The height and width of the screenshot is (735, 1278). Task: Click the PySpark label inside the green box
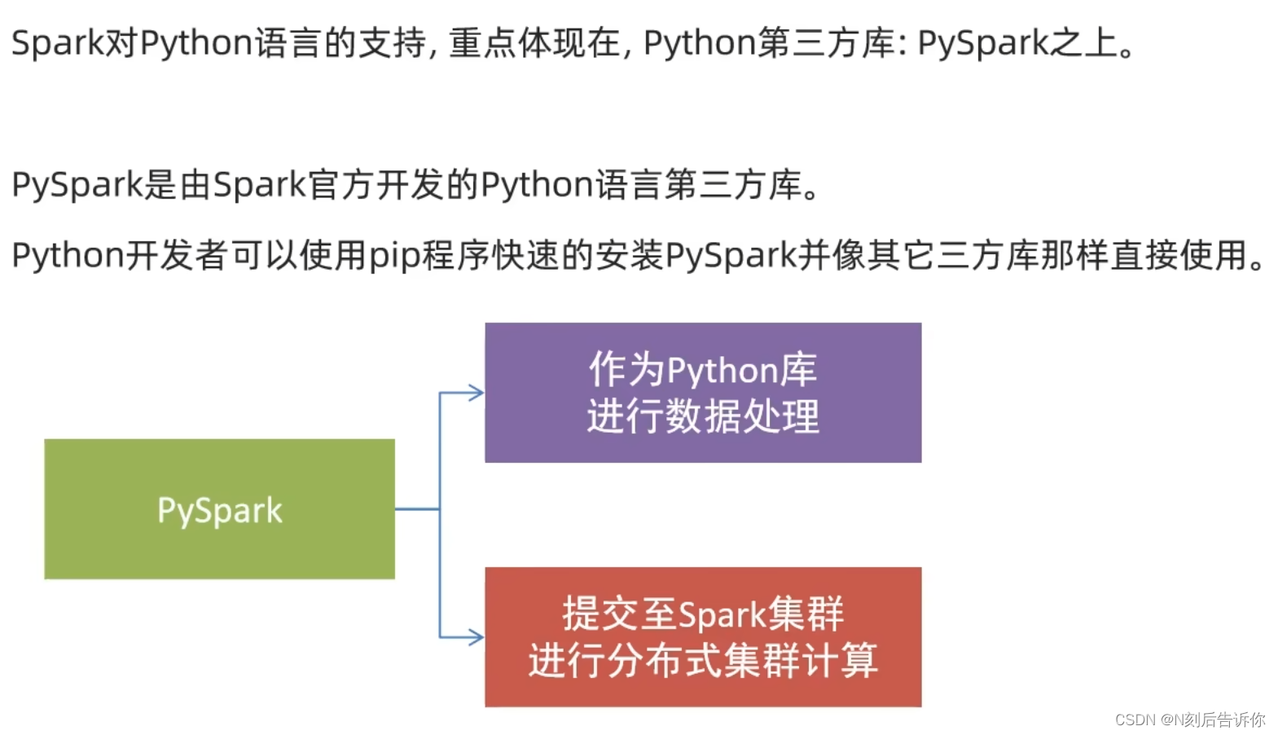tap(220, 511)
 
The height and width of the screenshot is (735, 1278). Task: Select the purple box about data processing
tap(703, 393)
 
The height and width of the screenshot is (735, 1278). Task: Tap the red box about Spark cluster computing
tap(703, 636)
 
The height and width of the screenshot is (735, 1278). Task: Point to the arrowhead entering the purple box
tap(476, 394)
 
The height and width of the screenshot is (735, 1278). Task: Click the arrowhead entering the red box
tap(476, 636)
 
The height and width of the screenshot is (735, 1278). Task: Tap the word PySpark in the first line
tap(982, 43)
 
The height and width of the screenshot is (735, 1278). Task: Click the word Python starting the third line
tap(67, 256)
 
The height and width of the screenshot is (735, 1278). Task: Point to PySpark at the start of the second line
tap(77, 185)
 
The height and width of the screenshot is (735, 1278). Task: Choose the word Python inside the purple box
tap(723, 372)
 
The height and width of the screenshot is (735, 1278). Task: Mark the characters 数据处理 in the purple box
tap(742, 417)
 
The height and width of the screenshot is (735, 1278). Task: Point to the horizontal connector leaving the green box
tap(417, 509)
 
